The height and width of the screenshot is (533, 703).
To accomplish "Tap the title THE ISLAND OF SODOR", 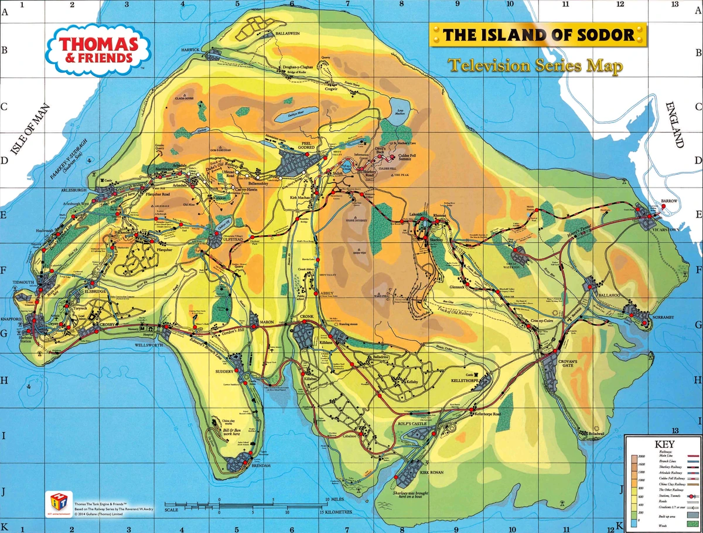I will pyautogui.click(x=538, y=35).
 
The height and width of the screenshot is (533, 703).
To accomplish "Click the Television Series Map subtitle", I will pyautogui.click(x=535, y=66).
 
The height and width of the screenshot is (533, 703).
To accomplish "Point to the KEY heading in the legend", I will pyautogui.click(x=663, y=444).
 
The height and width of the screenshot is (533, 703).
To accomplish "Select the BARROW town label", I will pyautogui.click(x=668, y=201).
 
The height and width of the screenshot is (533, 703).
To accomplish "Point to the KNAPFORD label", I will pyautogui.click(x=11, y=319).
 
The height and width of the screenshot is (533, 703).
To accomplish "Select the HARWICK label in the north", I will pyautogui.click(x=190, y=49).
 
